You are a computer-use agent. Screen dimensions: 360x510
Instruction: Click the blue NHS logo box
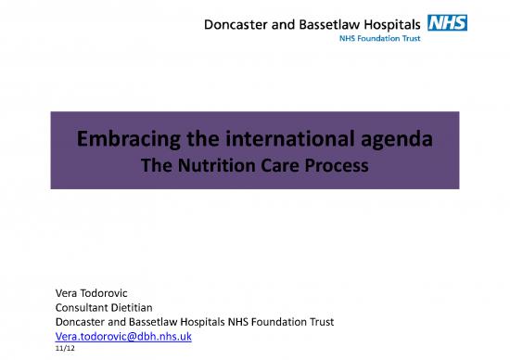point(447,21)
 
